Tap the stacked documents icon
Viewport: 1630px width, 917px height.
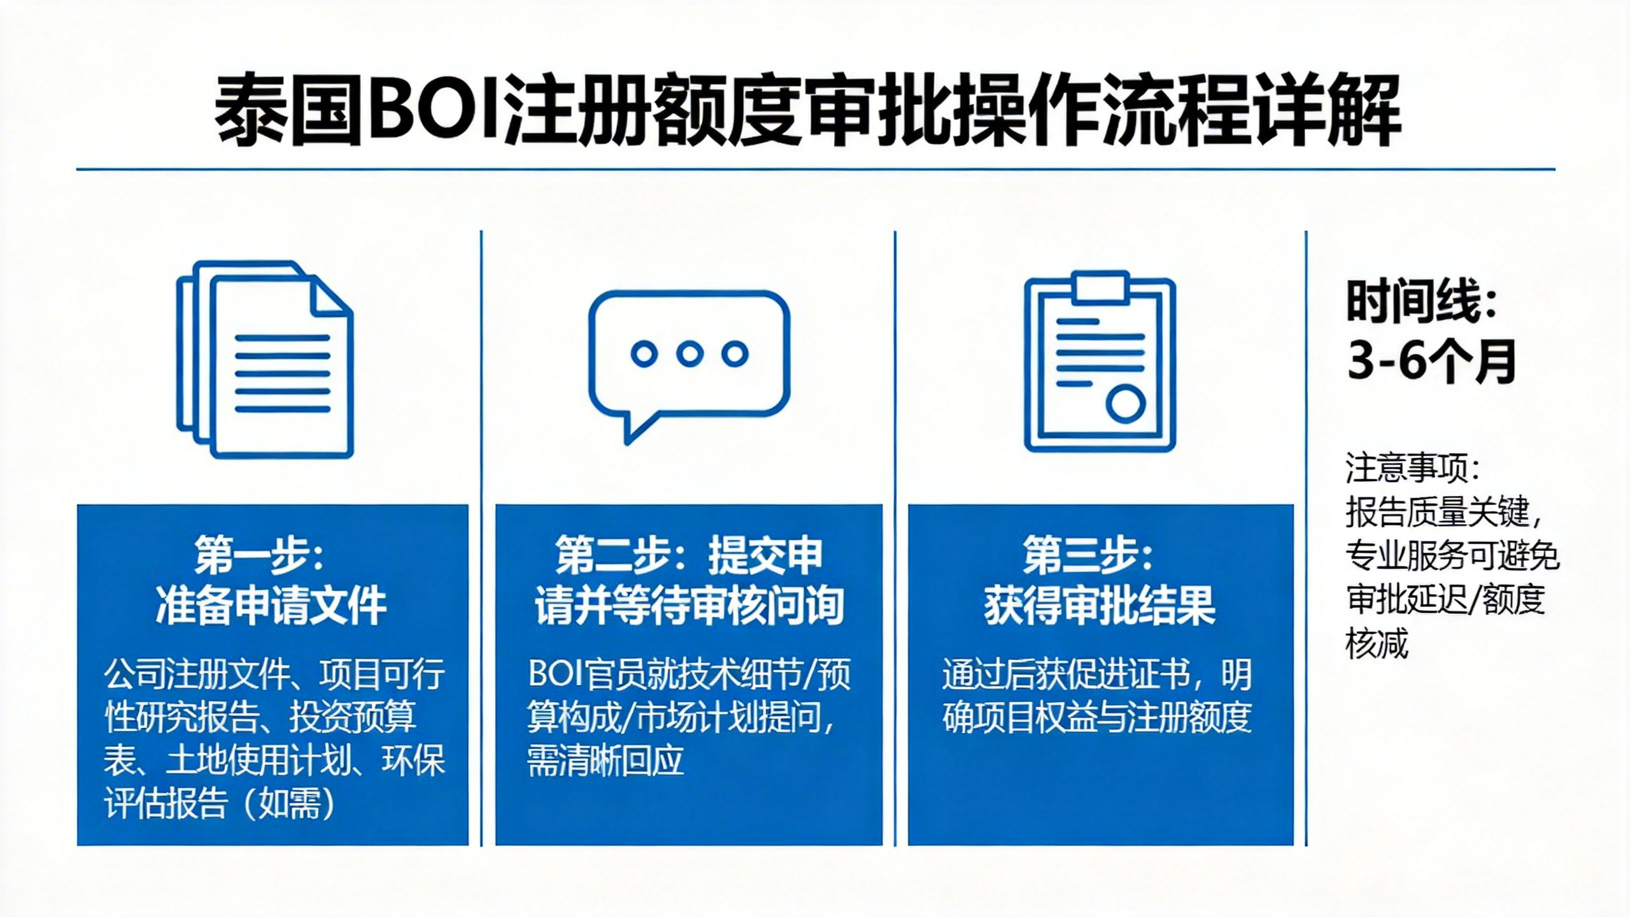pos(265,359)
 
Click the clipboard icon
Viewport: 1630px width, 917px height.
pos(1100,362)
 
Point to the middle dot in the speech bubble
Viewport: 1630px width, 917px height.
pos(690,353)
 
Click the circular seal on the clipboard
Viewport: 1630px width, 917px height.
pos(1125,404)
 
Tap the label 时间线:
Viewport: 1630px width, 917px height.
pos(1421,302)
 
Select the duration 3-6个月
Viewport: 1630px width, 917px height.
pos(1431,361)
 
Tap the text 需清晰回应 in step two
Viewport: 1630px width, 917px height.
pos(606,760)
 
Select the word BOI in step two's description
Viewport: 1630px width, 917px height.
pos(556,674)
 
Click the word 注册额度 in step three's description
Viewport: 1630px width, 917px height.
pos(1189,718)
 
